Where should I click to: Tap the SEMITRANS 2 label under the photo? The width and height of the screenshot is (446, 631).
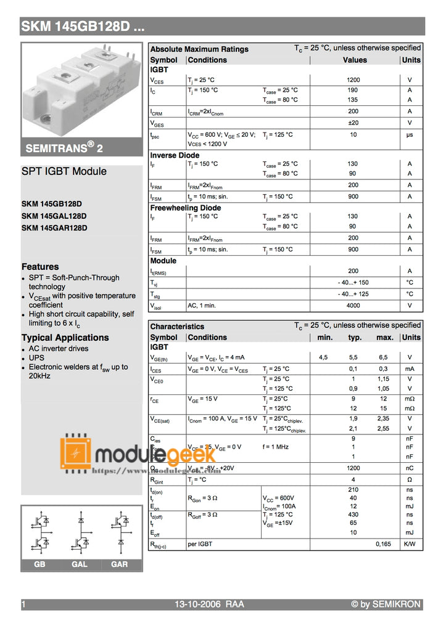tap(60, 148)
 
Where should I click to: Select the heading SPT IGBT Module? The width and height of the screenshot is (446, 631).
tap(64, 171)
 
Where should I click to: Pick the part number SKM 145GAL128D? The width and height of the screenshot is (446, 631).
tap(54, 216)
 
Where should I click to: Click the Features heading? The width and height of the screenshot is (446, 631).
tap(40, 267)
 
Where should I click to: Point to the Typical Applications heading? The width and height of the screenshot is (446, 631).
tap(65, 338)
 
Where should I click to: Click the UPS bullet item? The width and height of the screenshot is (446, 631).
tap(36, 357)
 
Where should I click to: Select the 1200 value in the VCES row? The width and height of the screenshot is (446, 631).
tap(353, 80)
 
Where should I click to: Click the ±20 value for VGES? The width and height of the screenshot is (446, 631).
tap(353, 123)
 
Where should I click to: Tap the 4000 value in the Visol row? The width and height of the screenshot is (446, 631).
tap(353, 306)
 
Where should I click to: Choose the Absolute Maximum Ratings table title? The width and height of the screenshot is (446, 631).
tap(199, 49)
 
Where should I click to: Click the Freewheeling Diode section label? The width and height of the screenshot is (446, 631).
tap(185, 208)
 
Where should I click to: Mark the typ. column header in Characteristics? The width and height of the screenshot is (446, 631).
tap(355, 338)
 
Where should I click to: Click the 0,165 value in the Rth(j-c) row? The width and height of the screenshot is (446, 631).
tap(383, 544)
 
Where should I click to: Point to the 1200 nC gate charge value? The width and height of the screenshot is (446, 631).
tap(353, 468)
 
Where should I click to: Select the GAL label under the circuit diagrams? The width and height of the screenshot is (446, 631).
tap(80, 564)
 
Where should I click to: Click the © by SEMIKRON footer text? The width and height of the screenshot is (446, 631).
tap(386, 605)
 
